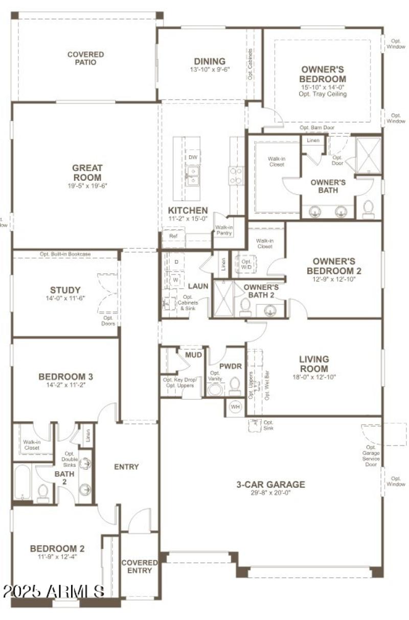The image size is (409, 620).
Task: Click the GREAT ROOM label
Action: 87,173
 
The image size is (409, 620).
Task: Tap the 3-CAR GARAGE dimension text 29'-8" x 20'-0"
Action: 270,493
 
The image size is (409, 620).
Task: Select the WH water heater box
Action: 235,407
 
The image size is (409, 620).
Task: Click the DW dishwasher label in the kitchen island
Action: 193,157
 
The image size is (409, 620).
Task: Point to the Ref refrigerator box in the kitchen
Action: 167,237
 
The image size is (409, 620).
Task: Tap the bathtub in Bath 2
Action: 22,482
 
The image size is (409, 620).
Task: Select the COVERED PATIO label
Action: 85,58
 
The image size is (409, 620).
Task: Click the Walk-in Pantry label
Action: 224,230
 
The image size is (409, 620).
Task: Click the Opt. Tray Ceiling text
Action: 323,94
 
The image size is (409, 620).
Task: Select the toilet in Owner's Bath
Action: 368,209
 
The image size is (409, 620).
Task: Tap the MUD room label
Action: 193,354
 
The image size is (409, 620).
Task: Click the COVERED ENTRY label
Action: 139,566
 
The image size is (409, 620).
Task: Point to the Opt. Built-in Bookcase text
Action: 65,254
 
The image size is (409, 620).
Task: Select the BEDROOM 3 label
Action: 65,377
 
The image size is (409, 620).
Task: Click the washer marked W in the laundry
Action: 175,280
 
